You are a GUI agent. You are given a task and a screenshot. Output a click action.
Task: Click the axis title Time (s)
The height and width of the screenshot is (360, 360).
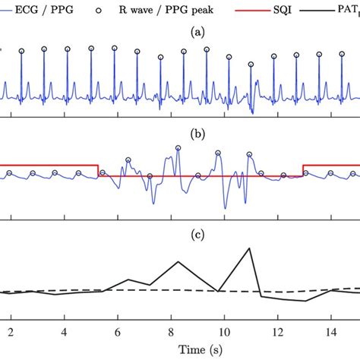click(x=179, y=350)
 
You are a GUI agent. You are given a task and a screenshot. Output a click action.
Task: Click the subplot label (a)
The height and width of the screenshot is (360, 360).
click(x=179, y=33)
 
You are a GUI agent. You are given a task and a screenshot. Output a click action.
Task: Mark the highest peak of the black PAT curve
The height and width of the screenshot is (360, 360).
click(x=249, y=248)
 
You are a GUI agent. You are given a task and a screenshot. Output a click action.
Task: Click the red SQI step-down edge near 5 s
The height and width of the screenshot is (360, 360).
click(x=98, y=171)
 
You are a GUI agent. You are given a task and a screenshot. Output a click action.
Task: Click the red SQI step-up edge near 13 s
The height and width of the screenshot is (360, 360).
click(x=303, y=171)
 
